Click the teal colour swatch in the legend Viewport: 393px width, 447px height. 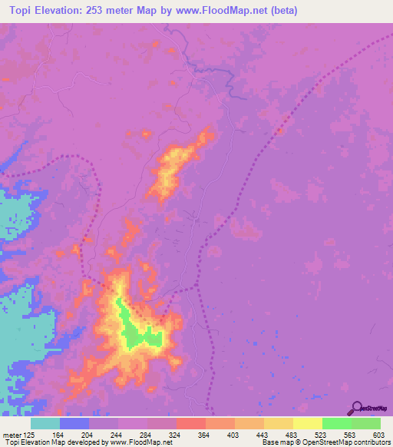pos(45,424)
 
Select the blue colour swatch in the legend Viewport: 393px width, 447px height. pos(74,424)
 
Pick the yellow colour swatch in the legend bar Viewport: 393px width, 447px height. pos(308,424)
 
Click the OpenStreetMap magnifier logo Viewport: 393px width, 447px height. pos(357,408)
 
